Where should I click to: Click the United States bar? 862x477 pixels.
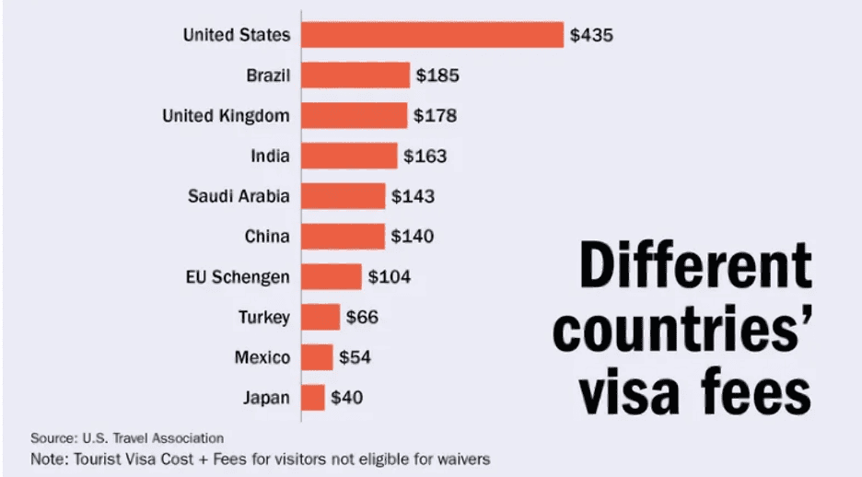(432, 35)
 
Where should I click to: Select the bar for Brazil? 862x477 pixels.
(355, 76)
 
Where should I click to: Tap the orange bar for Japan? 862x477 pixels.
(313, 398)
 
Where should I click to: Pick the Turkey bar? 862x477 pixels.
(320, 318)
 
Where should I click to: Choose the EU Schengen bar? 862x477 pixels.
(332, 276)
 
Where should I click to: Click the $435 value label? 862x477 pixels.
(591, 36)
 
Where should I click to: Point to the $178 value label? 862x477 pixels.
(435, 116)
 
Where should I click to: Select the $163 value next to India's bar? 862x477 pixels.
(425, 157)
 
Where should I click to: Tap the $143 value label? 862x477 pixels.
(413, 196)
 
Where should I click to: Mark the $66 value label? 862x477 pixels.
(362, 318)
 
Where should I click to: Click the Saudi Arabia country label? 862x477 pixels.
(239, 196)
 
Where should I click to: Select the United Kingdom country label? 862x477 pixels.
(226, 116)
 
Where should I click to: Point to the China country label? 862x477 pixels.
(267, 237)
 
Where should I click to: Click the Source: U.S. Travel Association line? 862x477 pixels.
(127, 438)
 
